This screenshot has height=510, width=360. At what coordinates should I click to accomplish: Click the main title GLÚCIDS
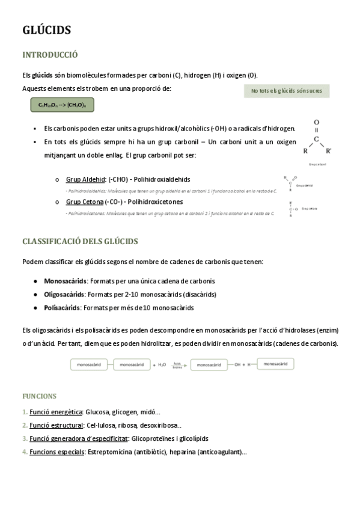[47, 30]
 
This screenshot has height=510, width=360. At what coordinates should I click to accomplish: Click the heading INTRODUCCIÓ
[50, 55]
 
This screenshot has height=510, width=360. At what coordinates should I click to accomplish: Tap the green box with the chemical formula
[63, 105]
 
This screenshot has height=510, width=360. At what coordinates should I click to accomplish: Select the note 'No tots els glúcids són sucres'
[287, 91]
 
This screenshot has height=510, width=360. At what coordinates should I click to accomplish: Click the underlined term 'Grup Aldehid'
[85, 179]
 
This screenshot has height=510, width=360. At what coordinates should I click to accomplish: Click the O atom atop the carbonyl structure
[317, 122]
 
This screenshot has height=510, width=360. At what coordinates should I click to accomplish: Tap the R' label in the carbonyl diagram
[328, 152]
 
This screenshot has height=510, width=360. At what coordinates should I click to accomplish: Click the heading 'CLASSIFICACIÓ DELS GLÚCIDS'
[80, 241]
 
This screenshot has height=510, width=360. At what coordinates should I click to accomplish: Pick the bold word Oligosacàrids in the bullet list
[64, 295]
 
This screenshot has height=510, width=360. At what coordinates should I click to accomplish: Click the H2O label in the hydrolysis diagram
[162, 364]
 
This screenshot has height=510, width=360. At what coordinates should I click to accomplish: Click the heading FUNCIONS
[40, 396]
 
